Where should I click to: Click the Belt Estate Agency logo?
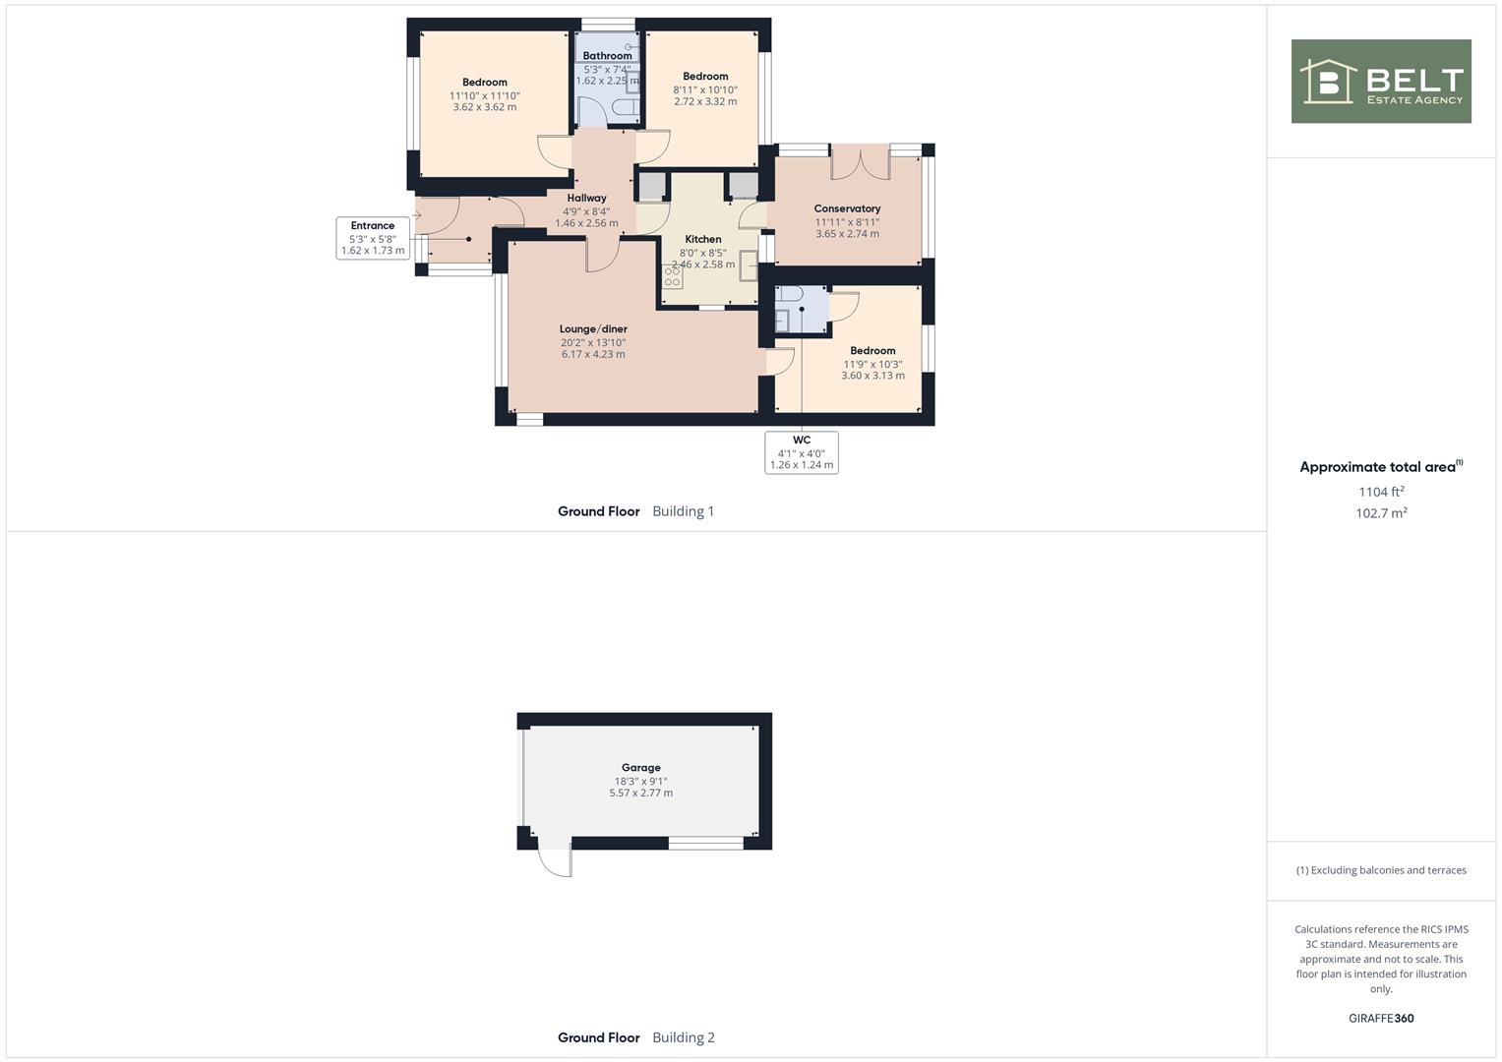(x=1381, y=81)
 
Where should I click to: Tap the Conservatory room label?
(x=847, y=208)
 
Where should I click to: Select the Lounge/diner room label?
(x=593, y=329)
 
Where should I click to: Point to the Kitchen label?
(x=702, y=239)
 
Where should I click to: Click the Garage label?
(x=641, y=768)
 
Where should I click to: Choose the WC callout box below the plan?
(x=802, y=452)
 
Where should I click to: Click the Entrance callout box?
(x=373, y=238)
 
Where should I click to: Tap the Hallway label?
(x=586, y=198)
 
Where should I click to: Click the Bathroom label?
(x=608, y=56)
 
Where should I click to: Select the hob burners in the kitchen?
(x=672, y=276)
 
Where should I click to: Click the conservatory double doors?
(x=861, y=162)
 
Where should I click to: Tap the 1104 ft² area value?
(x=1381, y=492)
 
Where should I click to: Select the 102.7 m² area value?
(x=1381, y=513)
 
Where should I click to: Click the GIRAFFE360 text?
(x=1381, y=1019)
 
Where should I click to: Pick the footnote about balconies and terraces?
(x=1381, y=870)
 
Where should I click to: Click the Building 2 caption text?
(x=684, y=1037)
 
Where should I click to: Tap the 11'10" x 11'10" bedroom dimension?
(x=485, y=96)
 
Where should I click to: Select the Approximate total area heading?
(x=1378, y=467)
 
